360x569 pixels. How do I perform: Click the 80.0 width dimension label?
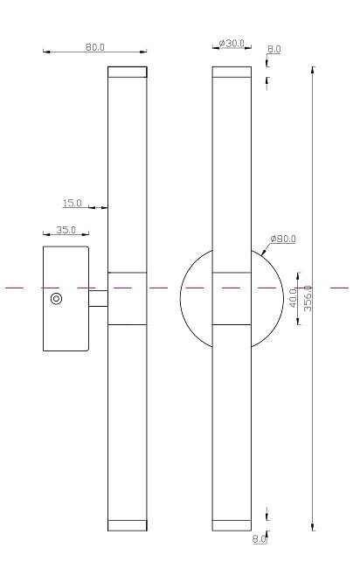[95, 47]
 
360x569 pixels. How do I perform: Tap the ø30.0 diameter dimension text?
[233, 43]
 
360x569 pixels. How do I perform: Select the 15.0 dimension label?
[73, 203]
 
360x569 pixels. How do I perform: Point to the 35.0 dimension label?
[66, 230]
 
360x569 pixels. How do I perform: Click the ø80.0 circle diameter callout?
[283, 239]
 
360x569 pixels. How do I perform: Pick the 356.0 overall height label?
[307, 298]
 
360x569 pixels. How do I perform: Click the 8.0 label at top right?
[274, 49]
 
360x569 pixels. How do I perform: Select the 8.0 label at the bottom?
[259, 539]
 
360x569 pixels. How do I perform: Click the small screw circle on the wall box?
[56, 299]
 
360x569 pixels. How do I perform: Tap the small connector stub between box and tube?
[98, 299]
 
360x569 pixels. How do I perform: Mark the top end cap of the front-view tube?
[232, 73]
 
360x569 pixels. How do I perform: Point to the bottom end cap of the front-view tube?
[232, 525]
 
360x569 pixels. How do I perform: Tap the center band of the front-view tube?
[232, 298]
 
